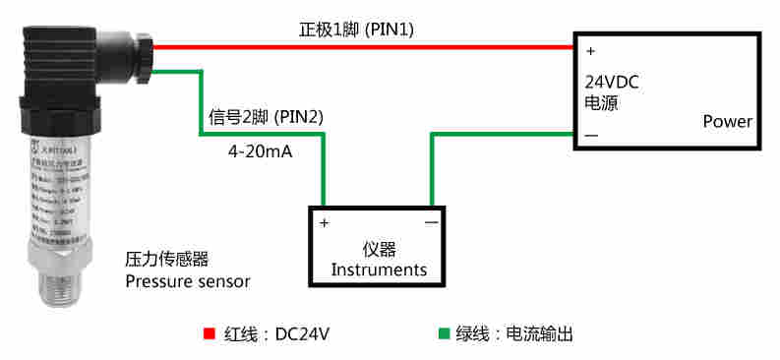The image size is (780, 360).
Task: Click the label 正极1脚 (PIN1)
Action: [x=356, y=30]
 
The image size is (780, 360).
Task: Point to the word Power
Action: [x=727, y=122]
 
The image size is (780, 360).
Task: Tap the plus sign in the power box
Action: [x=590, y=49]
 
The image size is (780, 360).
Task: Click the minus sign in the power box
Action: [x=591, y=134]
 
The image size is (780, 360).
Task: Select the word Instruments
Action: [x=379, y=270]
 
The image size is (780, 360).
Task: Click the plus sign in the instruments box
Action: [x=325, y=223]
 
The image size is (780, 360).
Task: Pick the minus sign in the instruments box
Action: [x=431, y=223]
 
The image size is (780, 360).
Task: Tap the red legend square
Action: [x=209, y=333]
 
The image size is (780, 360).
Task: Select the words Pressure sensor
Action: [x=187, y=281]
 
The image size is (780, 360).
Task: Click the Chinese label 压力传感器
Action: [x=166, y=260]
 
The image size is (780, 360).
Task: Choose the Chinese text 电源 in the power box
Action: [x=602, y=102]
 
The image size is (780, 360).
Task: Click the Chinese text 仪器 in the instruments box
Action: [x=379, y=249]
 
